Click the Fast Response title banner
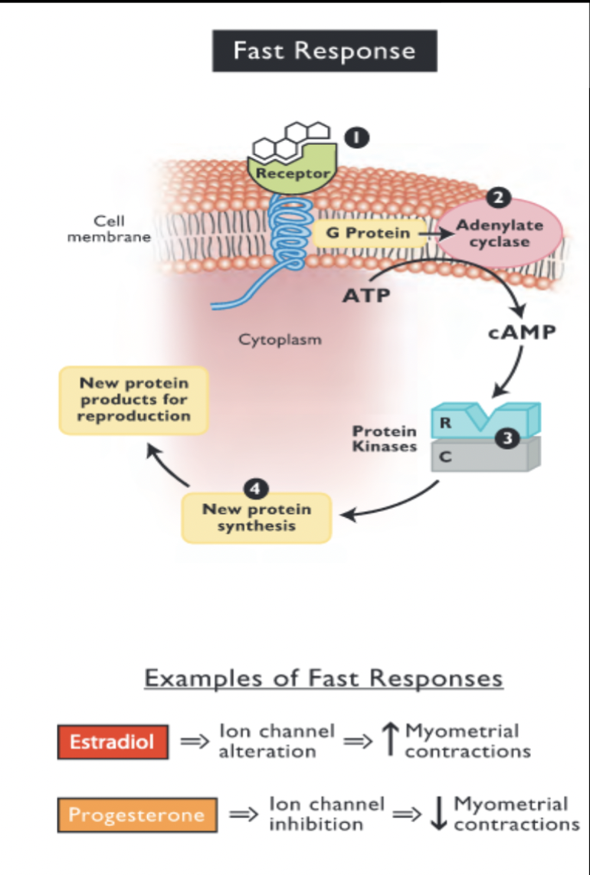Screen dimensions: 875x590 [x=324, y=51]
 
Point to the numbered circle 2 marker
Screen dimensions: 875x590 [x=499, y=198]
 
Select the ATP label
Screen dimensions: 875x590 [x=365, y=296]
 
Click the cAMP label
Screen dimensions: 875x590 [x=522, y=334]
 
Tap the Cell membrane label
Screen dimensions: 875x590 [x=109, y=228]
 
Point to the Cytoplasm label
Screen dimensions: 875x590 [x=280, y=339]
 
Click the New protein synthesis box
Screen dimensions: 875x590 [x=256, y=518]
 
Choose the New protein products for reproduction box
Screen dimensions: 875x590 [x=135, y=400]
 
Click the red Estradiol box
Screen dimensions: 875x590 [x=113, y=742]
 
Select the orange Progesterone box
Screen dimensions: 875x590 [x=136, y=814]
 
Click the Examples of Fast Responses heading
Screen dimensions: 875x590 [x=323, y=679]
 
